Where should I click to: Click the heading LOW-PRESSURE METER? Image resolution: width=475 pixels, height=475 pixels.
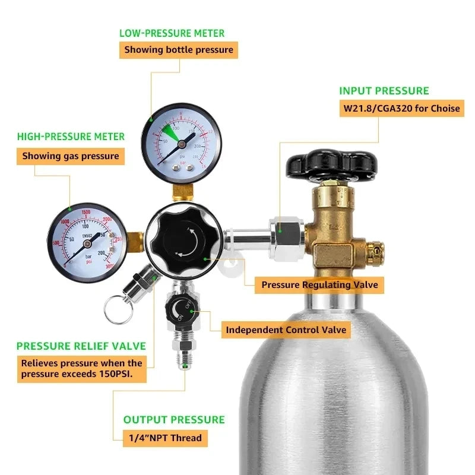point(172,33)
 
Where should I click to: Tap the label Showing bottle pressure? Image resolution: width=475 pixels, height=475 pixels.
point(179,50)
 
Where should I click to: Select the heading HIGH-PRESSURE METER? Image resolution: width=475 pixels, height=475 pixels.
point(71,137)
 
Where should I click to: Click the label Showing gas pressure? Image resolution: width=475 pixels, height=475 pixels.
point(71,157)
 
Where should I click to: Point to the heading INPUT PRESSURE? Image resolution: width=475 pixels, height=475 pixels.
point(384,91)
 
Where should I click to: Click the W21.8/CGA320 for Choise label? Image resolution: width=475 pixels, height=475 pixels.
point(401,109)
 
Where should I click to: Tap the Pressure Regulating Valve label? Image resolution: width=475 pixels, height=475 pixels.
point(319,285)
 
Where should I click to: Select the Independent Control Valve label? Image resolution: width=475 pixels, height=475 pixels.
point(286,330)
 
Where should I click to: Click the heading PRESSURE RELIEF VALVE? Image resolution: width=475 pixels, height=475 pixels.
point(81,346)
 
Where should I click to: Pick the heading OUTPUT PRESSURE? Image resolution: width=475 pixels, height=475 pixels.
point(174,420)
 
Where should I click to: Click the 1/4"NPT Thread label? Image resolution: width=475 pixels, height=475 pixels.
point(166,439)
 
